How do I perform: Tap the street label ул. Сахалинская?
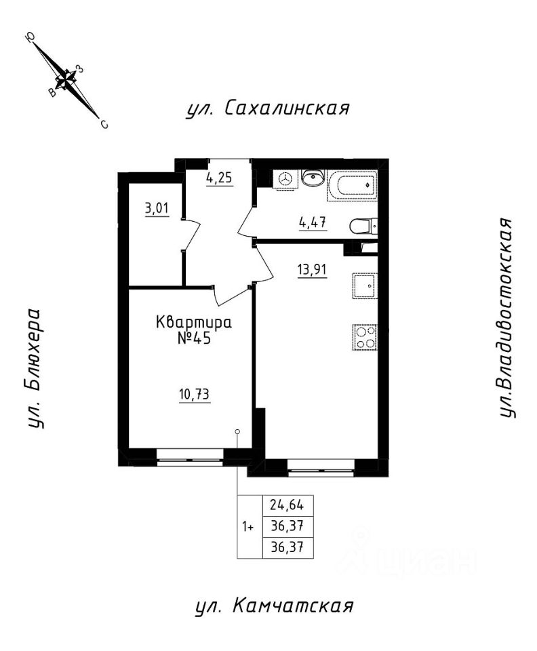tap(268, 108)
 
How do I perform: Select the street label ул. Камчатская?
tap(274, 606)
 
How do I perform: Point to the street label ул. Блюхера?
tap(36, 368)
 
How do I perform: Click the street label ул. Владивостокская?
tap(507, 317)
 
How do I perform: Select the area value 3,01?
tap(157, 208)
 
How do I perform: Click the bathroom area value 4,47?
tap(313, 223)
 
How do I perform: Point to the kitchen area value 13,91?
tap(312, 271)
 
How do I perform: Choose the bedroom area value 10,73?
tap(194, 395)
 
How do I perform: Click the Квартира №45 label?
tap(194, 330)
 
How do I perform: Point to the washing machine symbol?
tap(285, 179)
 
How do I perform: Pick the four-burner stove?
tap(365, 337)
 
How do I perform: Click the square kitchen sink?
tap(365, 286)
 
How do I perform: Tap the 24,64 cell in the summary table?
tap(287, 505)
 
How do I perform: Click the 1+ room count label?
tap(248, 527)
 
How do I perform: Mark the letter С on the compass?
tap(104, 124)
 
